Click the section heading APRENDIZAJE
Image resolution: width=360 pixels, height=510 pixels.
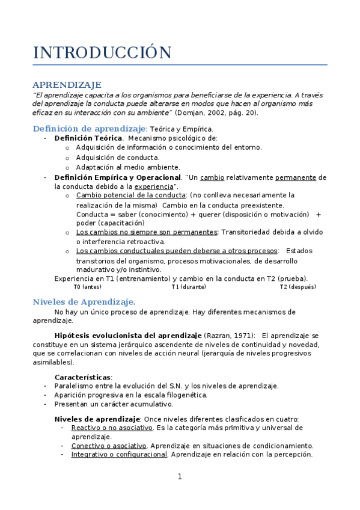pyautogui.click(x=67, y=85)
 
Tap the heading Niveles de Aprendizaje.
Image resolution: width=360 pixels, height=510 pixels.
pyautogui.click(x=84, y=301)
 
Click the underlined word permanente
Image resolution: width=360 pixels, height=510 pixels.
pyautogui.click(x=295, y=177)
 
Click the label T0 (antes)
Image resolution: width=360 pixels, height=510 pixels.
pyautogui.click(x=87, y=287)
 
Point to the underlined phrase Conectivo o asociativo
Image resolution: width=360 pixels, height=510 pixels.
pyautogui.click(x=109, y=446)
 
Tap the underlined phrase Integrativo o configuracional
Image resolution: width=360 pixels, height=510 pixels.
pyautogui.click(x=119, y=455)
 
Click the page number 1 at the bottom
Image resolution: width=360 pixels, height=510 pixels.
pyautogui.click(x=180, y=477)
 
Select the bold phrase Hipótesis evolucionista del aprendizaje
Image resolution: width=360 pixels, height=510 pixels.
pyautogui.click(x=127, y=335)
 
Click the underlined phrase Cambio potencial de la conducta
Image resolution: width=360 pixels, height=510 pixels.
pyautogui.click(x=131, y=195)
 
